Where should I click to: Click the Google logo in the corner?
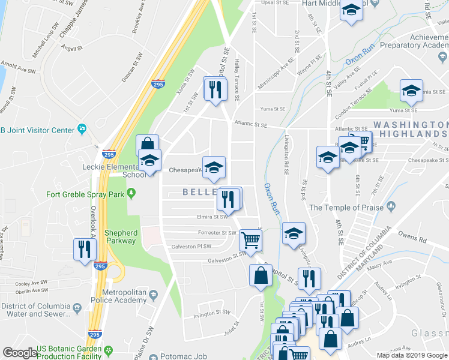[x=20, y=353]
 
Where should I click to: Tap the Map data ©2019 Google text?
[x=411, y=355]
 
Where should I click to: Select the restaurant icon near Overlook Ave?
[x=82, y=249]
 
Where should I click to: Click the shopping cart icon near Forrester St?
[x=250, y=239]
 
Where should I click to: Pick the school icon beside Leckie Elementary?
[x=149, y=160]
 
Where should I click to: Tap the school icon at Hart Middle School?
[x=351, y=10]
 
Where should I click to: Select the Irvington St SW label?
[x=212, y=312]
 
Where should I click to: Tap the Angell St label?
[x=71, y=48]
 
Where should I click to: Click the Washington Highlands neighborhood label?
[x=412, y=128]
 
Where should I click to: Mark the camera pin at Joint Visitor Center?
[x=82, y=130]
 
